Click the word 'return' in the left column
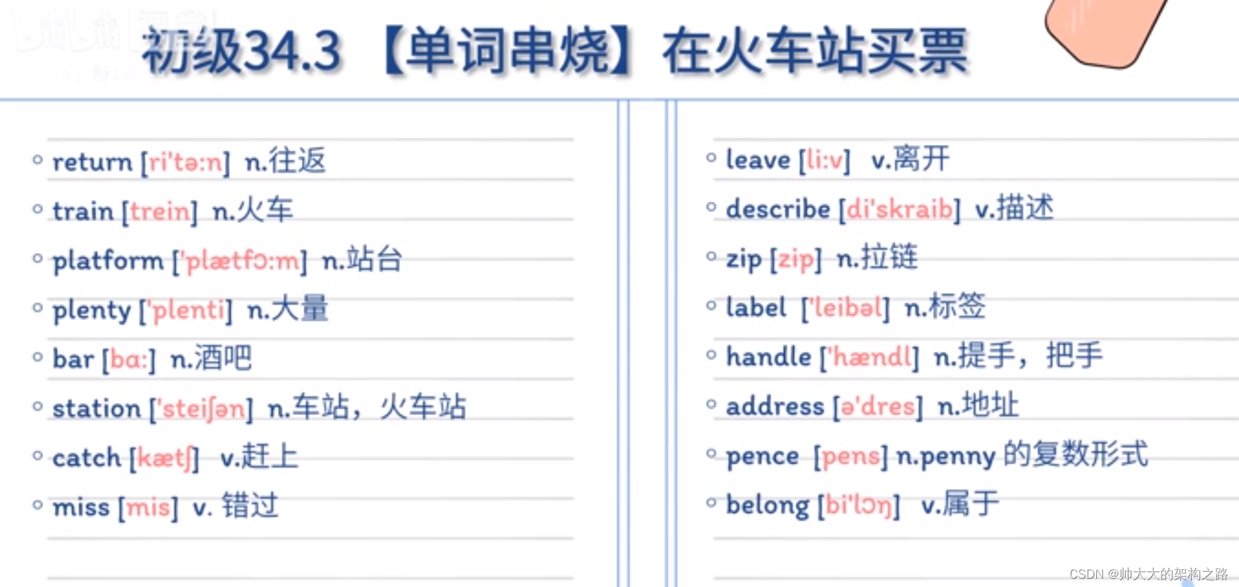coord(92,163)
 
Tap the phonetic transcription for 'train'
coord(160,211)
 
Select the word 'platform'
coord(108,261)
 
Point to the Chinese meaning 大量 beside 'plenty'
coord(299,309)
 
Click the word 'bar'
coord(73,359)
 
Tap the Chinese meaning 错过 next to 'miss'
coord(250,507)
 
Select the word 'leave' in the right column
coord(758,160)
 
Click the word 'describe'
coord(778,209)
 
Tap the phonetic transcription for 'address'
coord(877,406)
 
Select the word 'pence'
coord(762,456)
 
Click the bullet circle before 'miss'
coord(38,505)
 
